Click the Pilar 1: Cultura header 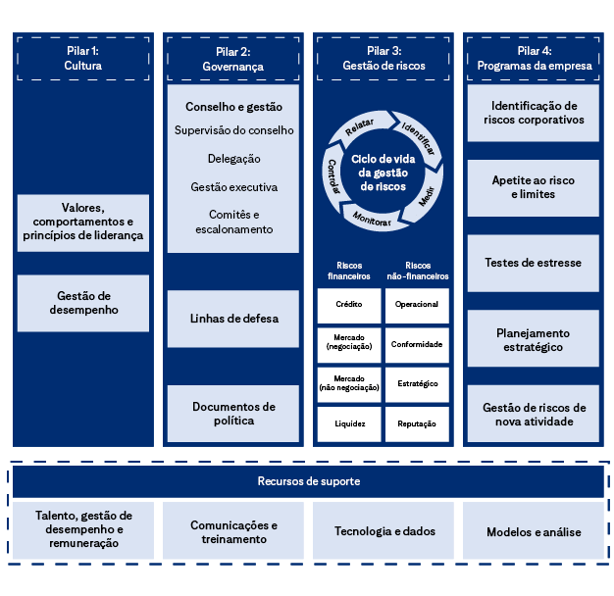coord(83,58)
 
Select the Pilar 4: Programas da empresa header coord(534,58)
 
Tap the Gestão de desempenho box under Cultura coord(83,303)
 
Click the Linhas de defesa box coord(233,319)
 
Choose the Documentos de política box coord(233,414)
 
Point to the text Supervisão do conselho coord(233,130)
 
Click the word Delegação coord(233,159)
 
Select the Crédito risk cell coord(349,305)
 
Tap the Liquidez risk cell coord(349,423)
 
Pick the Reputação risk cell coord(417,423)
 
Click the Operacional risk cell coord(417,305)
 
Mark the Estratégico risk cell coord(417,383)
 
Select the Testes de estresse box coord(534,263)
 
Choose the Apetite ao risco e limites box coord(534,187)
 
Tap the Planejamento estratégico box coord(534,339)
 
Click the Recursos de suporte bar coord(308,481)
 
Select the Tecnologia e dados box coord(384,531)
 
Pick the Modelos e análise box coord(534,531)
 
